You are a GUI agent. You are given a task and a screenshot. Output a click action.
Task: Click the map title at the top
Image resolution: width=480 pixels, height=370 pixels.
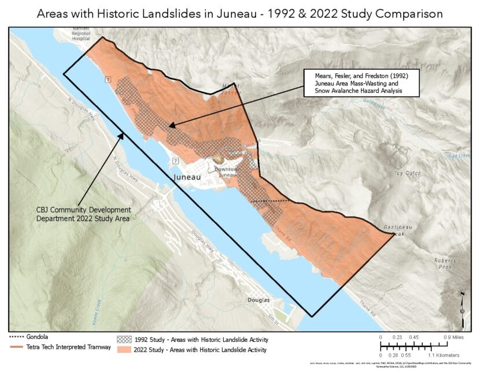click(240, 13)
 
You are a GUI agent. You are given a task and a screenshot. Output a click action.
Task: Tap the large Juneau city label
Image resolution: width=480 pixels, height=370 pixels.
click(186, 178)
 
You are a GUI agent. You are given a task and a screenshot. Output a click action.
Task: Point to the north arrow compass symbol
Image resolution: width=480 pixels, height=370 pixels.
click(463, 303)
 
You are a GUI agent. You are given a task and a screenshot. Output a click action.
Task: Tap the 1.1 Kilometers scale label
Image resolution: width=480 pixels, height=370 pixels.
click(444, 354)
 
